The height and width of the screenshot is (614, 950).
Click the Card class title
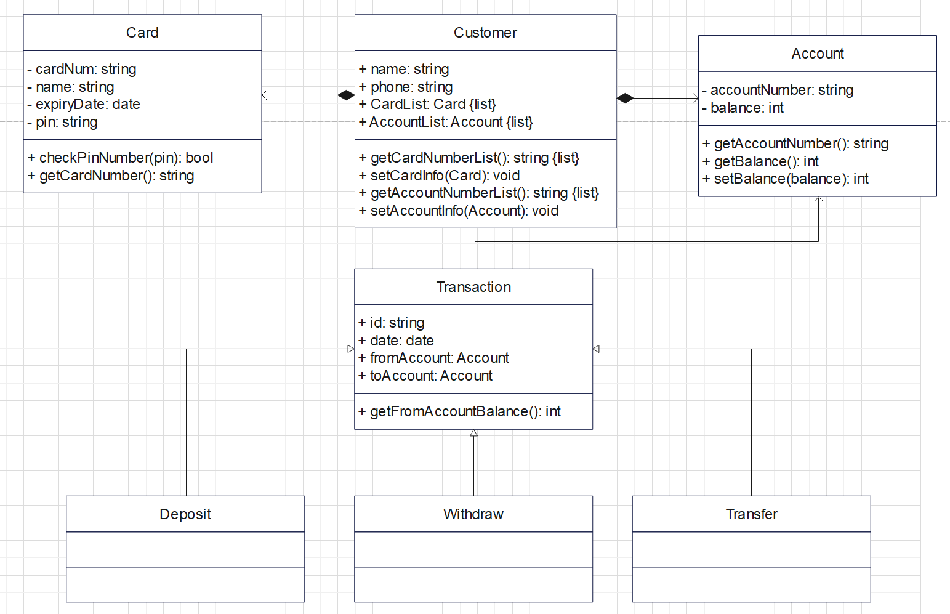click(142, 33)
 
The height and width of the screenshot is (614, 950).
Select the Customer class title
click(485, 33)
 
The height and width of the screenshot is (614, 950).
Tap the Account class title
click(817, 54)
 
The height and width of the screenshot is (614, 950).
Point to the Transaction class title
click(473, 287)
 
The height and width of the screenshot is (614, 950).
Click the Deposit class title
click(185, 514)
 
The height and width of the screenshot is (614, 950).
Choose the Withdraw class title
click(473, 514)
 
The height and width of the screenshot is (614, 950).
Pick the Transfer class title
click(751, 514)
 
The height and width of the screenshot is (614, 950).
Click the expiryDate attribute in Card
click(87, 104)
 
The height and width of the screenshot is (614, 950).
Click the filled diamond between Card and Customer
click(346, 95)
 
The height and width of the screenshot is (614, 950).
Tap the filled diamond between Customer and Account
click(626, 98)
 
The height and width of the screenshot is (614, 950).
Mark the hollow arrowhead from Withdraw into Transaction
click(473, 433)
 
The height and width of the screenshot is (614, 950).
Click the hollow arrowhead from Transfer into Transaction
click(596, 349)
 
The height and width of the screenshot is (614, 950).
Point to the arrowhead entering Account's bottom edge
click(818, 200)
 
